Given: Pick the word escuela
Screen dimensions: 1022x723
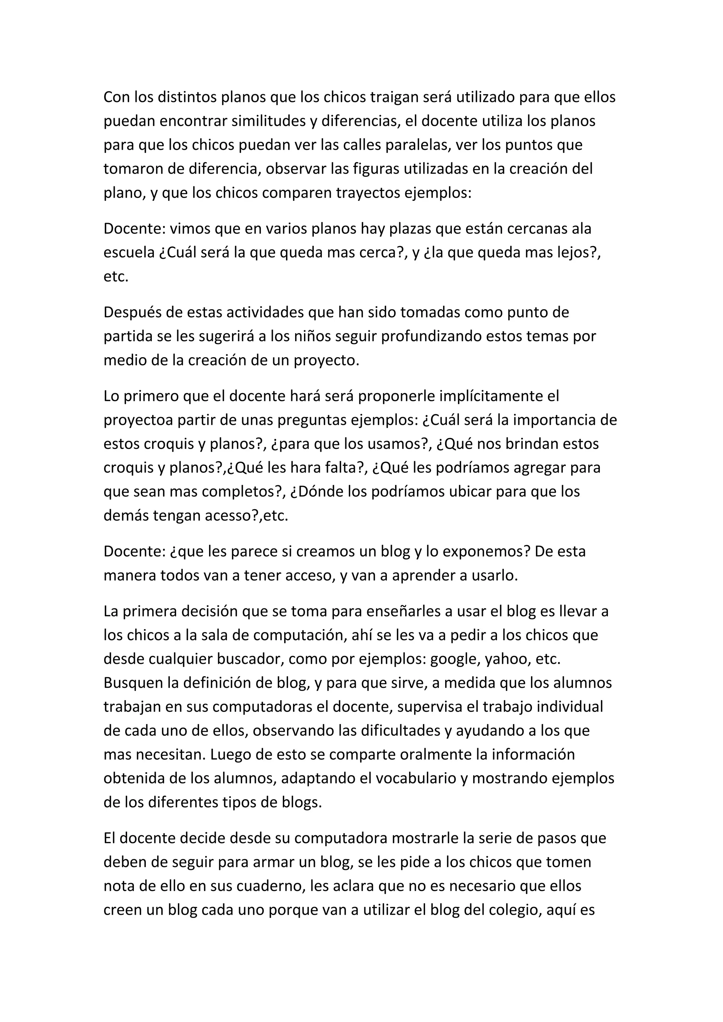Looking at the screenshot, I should point(129,253).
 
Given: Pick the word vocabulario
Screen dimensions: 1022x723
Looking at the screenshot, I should point(416,778).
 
